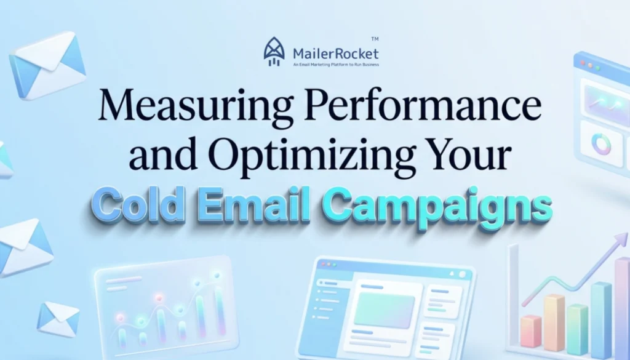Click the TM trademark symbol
375,38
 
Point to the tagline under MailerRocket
336,64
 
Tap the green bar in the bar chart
577,329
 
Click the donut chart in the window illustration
600,143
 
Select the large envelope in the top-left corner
47,66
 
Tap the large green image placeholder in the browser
384,309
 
